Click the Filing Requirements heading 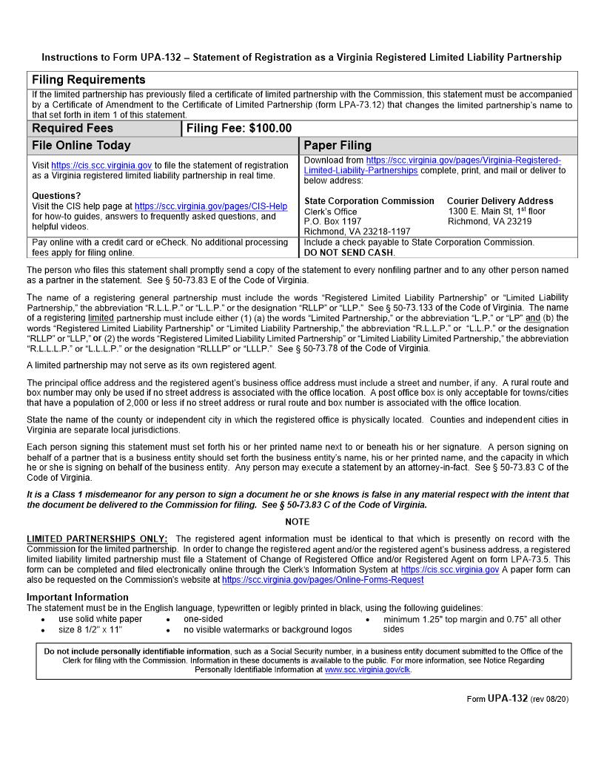tap(88, 80)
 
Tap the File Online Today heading tap(81, 146)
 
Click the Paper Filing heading tap(338, 146)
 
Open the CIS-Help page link tap(211, 206)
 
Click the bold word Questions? tap(56, 196)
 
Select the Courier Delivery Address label tap(500, 201)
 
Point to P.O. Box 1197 tap(332, 221)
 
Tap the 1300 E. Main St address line tap(496, 212)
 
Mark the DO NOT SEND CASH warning tap(349, 252)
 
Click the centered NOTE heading tap(298, 522)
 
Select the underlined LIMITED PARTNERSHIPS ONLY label tap(97, 539)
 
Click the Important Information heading tap(77, 597)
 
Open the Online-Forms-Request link tap(323, 581)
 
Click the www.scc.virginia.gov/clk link tap(367, 669)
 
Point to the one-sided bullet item tap(203, 619)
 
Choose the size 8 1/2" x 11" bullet tap(90, 629)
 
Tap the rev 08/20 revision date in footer tap(550, 699)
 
